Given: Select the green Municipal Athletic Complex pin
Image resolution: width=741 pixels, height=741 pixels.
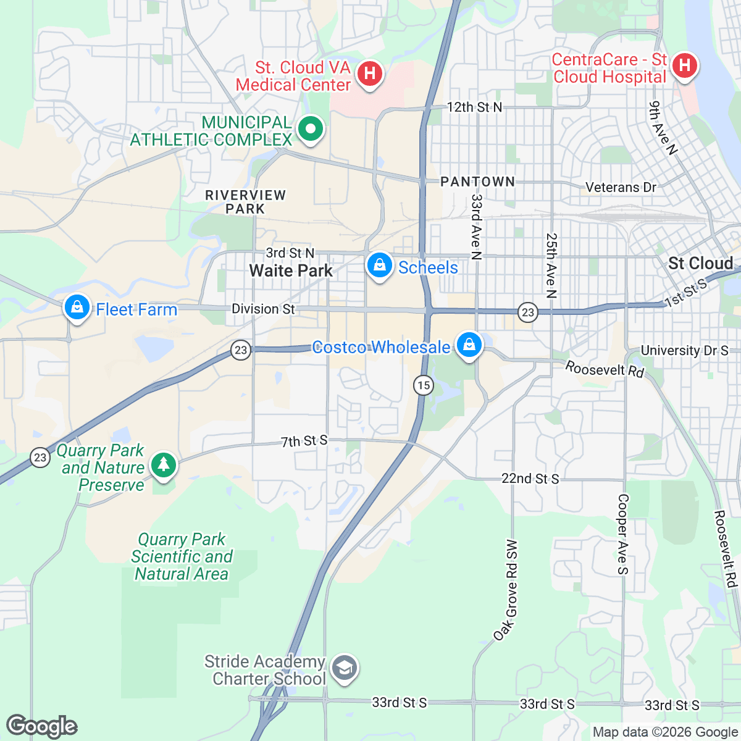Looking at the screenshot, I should (311, 130).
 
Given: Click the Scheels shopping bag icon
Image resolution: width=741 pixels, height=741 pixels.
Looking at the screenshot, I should (379, 266).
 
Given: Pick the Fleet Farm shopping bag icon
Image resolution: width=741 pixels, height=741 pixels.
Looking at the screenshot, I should (77, 307).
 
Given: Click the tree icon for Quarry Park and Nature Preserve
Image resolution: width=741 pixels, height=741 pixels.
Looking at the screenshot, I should (163, 464).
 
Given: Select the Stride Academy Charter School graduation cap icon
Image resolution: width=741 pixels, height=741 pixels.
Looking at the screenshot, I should (344, 668).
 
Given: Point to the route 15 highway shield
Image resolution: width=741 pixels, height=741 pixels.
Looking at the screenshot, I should (423, 386).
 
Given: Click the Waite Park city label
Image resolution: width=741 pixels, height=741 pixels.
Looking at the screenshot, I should (291, 270).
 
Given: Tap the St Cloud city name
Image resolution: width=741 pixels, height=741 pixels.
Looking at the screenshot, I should (700, 264).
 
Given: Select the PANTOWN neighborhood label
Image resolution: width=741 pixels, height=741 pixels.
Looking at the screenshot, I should (477, 182).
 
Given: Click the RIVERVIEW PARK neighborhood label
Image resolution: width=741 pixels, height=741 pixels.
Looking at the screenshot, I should (245, 202).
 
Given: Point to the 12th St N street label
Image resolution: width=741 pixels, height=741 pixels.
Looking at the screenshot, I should (474, 107).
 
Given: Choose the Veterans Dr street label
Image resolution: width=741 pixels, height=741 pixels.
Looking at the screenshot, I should (621, 187).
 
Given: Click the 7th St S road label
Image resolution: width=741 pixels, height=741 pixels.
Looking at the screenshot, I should (304, 441).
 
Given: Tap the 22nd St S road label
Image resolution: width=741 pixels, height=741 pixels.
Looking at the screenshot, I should (530, 479).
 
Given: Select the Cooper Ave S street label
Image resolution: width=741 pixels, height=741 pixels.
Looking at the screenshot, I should (622, 534).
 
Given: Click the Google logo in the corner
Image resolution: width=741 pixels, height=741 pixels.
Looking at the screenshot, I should (42, 726).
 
